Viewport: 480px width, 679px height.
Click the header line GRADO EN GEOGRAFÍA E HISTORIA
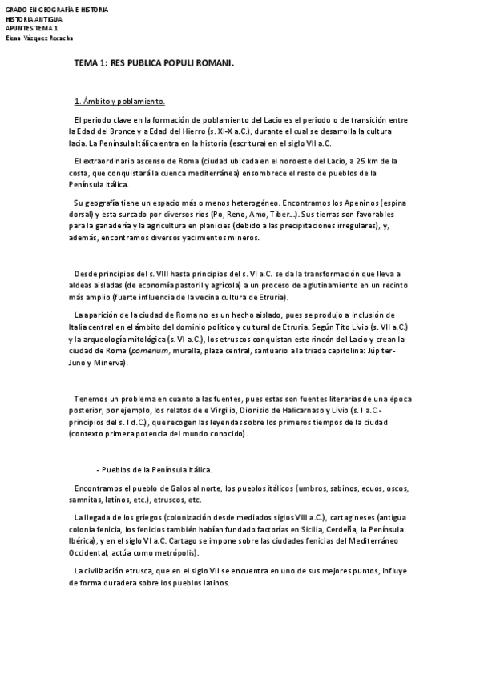tap(56, 10)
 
